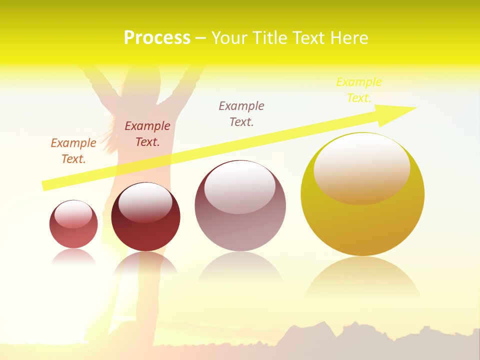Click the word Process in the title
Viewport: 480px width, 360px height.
coord(157,38)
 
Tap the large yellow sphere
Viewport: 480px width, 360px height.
coord(362,220)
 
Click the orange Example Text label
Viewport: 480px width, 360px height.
coord(73,150)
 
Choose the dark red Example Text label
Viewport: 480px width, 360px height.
coord(147,133)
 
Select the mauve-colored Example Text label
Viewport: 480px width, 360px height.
coord(241,113)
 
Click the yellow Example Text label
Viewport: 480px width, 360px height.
coord(358,89)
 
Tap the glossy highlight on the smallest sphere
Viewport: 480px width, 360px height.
coord(73,213)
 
